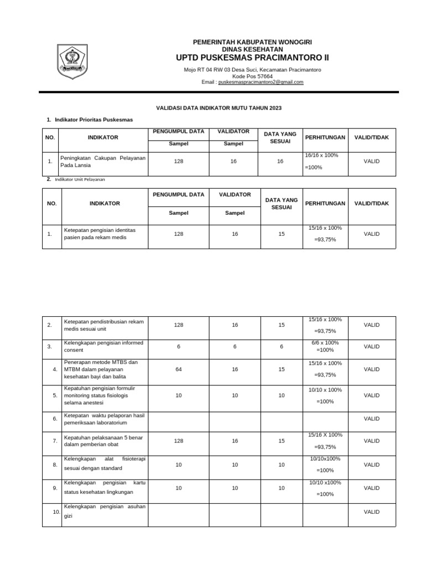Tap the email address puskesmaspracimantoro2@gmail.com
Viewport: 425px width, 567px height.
[261, 82]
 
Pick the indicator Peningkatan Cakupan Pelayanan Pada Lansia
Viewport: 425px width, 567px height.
[102, 161]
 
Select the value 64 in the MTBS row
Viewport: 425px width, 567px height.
[178, 369]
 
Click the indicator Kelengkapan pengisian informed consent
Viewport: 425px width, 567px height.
[103, 347]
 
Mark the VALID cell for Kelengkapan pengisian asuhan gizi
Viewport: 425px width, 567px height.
[371, 512]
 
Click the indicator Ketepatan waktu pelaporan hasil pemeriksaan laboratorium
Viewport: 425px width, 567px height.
[103, 419]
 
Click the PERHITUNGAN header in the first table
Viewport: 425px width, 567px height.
[325, 137]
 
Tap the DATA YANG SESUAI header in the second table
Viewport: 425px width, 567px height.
[282, 203]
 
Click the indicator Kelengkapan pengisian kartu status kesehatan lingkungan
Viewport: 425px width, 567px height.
[103, 488]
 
